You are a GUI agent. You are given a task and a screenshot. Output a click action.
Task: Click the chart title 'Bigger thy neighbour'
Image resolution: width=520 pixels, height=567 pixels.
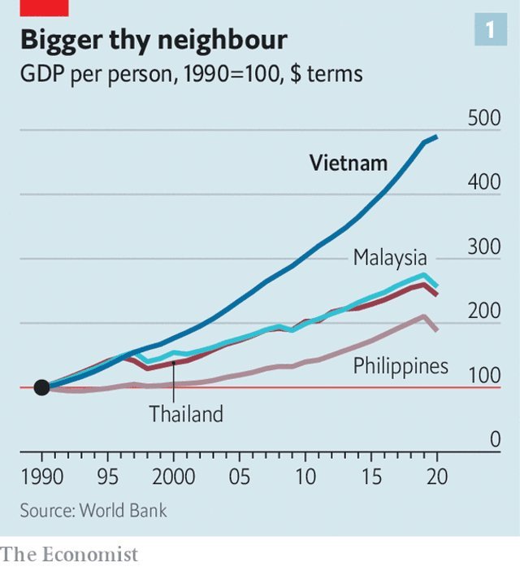coord(154,40)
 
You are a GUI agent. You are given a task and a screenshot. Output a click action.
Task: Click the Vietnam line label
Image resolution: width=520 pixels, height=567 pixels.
coord(349,163)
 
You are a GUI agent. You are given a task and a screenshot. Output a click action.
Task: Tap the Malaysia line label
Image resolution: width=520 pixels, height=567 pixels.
coord(389,258)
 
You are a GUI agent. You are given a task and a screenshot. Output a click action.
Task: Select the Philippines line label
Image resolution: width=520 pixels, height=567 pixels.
coord(401,366)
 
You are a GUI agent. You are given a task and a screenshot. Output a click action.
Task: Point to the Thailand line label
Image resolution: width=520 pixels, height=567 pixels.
coord(185,414)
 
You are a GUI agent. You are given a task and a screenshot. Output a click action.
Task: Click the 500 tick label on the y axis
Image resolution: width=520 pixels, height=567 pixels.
coord(485,118)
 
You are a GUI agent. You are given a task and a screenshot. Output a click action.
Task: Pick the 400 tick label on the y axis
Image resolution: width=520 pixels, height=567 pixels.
coord(485,182)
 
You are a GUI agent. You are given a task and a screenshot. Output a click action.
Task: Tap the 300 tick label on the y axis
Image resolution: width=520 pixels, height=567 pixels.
coord(485,247)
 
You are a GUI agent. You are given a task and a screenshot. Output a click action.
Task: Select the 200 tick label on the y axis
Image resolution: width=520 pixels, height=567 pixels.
coord(485,312)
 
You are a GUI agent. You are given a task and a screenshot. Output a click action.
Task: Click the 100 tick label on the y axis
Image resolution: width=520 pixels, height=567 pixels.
coord(485,376)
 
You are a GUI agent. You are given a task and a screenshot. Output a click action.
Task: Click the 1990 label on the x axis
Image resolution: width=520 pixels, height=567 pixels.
coord(42,475)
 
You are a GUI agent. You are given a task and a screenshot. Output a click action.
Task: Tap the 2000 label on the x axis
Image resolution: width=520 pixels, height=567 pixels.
coord(173,475)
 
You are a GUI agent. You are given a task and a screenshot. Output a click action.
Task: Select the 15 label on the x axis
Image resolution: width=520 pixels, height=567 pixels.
coord(371,475)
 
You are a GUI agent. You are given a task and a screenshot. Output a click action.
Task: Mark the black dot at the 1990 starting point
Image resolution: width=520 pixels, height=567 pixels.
coord(42,387)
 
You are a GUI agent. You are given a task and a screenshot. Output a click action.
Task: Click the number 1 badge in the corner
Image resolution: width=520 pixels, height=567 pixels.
coord(490,31)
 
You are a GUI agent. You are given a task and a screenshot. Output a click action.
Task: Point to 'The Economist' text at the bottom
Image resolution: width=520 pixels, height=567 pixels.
coord(70,554)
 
